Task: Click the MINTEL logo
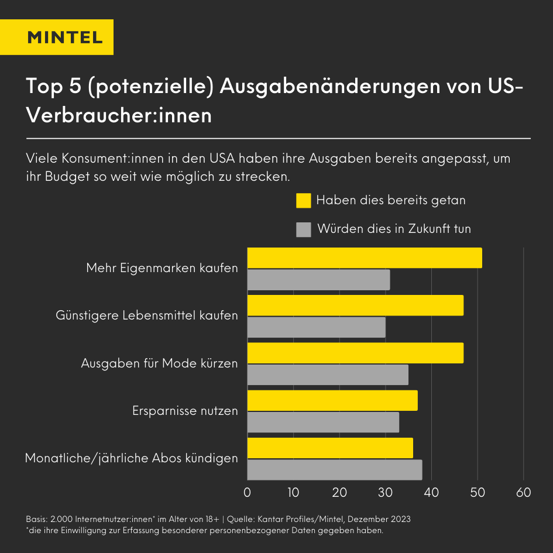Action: [65, 37]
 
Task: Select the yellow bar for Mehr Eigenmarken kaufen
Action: [365, 258]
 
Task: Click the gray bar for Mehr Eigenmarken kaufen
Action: [318, 280]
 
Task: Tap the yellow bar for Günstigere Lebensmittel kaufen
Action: [355, 305]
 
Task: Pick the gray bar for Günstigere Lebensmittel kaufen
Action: [316, 328]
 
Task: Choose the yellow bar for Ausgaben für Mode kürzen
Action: [355, 353]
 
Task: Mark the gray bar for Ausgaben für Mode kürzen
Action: [328, 375]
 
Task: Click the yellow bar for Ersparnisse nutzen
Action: [332, 401]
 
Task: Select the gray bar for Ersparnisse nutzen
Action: [323, 423]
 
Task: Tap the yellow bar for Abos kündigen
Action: [330, 448]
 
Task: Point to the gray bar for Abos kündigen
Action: [335, 470]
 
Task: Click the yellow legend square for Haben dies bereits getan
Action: [303, 200]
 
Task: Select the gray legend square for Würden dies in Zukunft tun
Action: [303, 229]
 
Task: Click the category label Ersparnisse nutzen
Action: [186, 411]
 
